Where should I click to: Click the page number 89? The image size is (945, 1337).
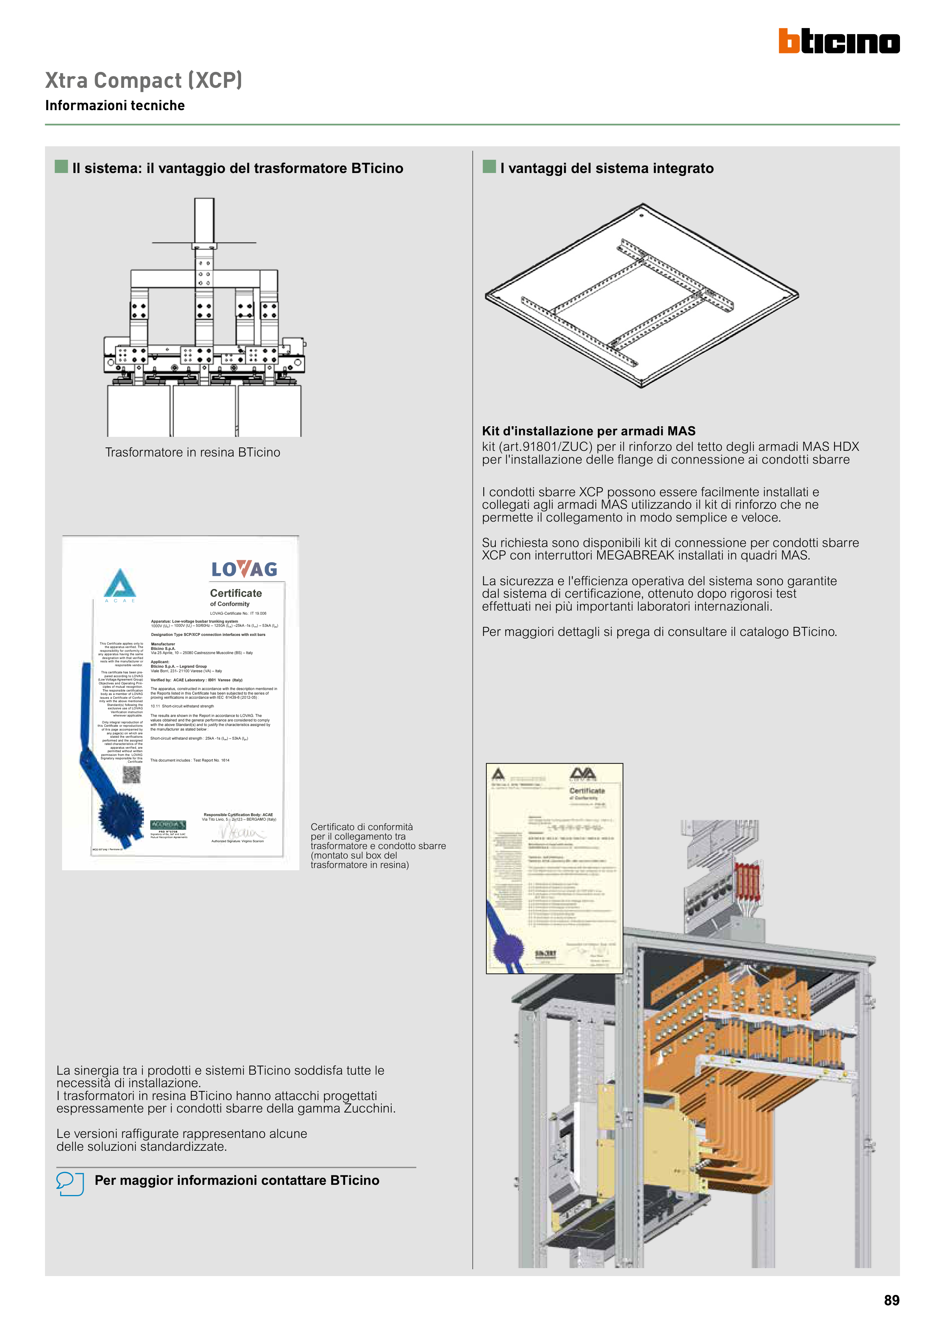(891, 1300)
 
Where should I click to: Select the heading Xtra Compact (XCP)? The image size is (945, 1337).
(143, 80)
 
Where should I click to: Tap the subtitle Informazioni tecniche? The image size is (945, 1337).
(115, 105)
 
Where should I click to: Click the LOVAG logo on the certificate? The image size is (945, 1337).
(244, 569)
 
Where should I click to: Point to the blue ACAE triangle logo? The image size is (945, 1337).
(120, 583)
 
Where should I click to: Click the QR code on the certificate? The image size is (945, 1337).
(132, 774)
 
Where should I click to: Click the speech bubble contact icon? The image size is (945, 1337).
(70, 1183)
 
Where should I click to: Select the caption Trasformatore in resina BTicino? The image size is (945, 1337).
(192, 452)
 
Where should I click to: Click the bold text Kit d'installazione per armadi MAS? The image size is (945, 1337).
(588, 431)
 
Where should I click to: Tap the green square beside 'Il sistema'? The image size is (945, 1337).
(61, 167)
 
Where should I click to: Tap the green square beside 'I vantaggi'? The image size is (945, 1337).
(489, 167)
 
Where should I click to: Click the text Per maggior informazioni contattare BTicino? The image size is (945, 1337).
(237, 1180)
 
